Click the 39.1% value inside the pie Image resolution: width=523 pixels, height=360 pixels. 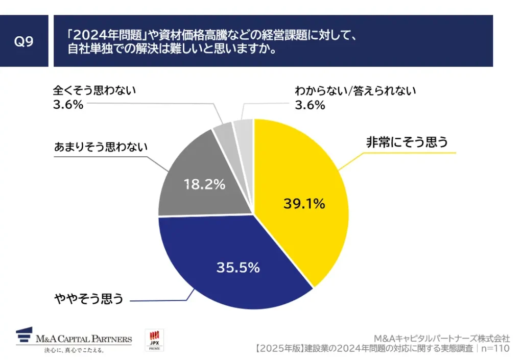pyautogui.click(x=304, y=204)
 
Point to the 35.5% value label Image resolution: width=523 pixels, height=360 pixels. pyautogui.click(x=239, y=267)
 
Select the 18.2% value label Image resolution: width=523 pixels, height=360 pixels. pyautogui.click(x=204, y=185)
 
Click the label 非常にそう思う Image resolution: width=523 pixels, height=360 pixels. pyautogui.click(x=407, y=142)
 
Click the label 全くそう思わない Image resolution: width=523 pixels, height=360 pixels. pyautogui.click(x=94, y=91)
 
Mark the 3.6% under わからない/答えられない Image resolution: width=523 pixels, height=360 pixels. pyautogui.click(x=310, y=105)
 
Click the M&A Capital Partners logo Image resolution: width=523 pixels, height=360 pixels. pyautogui.click(x=74, y=338)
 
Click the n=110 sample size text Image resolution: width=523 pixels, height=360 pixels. pyautogui.click(x=495, y=349)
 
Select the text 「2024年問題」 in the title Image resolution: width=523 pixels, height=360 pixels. pyautogui.click(x=105, y=35)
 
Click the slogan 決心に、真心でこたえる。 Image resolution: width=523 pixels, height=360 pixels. pyautogui.click(x=74, y=350)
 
